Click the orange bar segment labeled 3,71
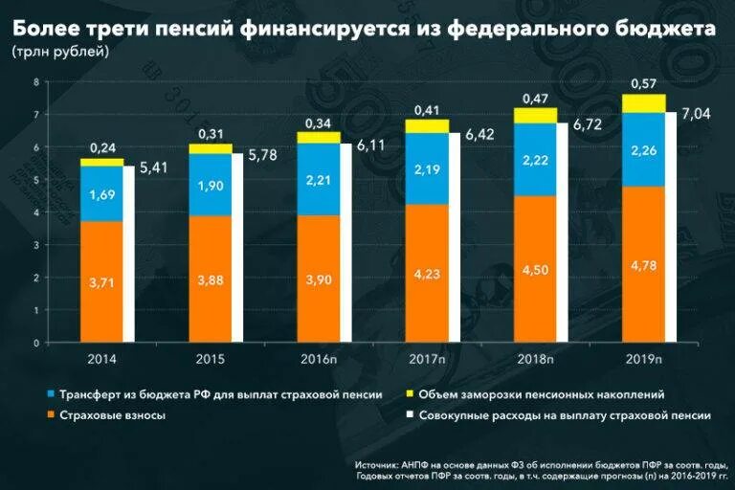click(x=101, y=281)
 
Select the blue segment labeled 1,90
click(x=211, y=185)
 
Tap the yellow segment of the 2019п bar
click(x=644, y=103)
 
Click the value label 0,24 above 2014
click(x=102, y=148)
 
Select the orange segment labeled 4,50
click(x=535, y=269)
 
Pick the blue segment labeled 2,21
click(x=319, y=179)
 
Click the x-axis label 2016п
click(x=319, y=359)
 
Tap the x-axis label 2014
click(x=101, y=359)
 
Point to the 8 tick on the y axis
click(x=35, y=82)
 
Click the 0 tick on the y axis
click(x=35, y=343)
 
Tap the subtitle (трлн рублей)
click(x=60, y=52)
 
